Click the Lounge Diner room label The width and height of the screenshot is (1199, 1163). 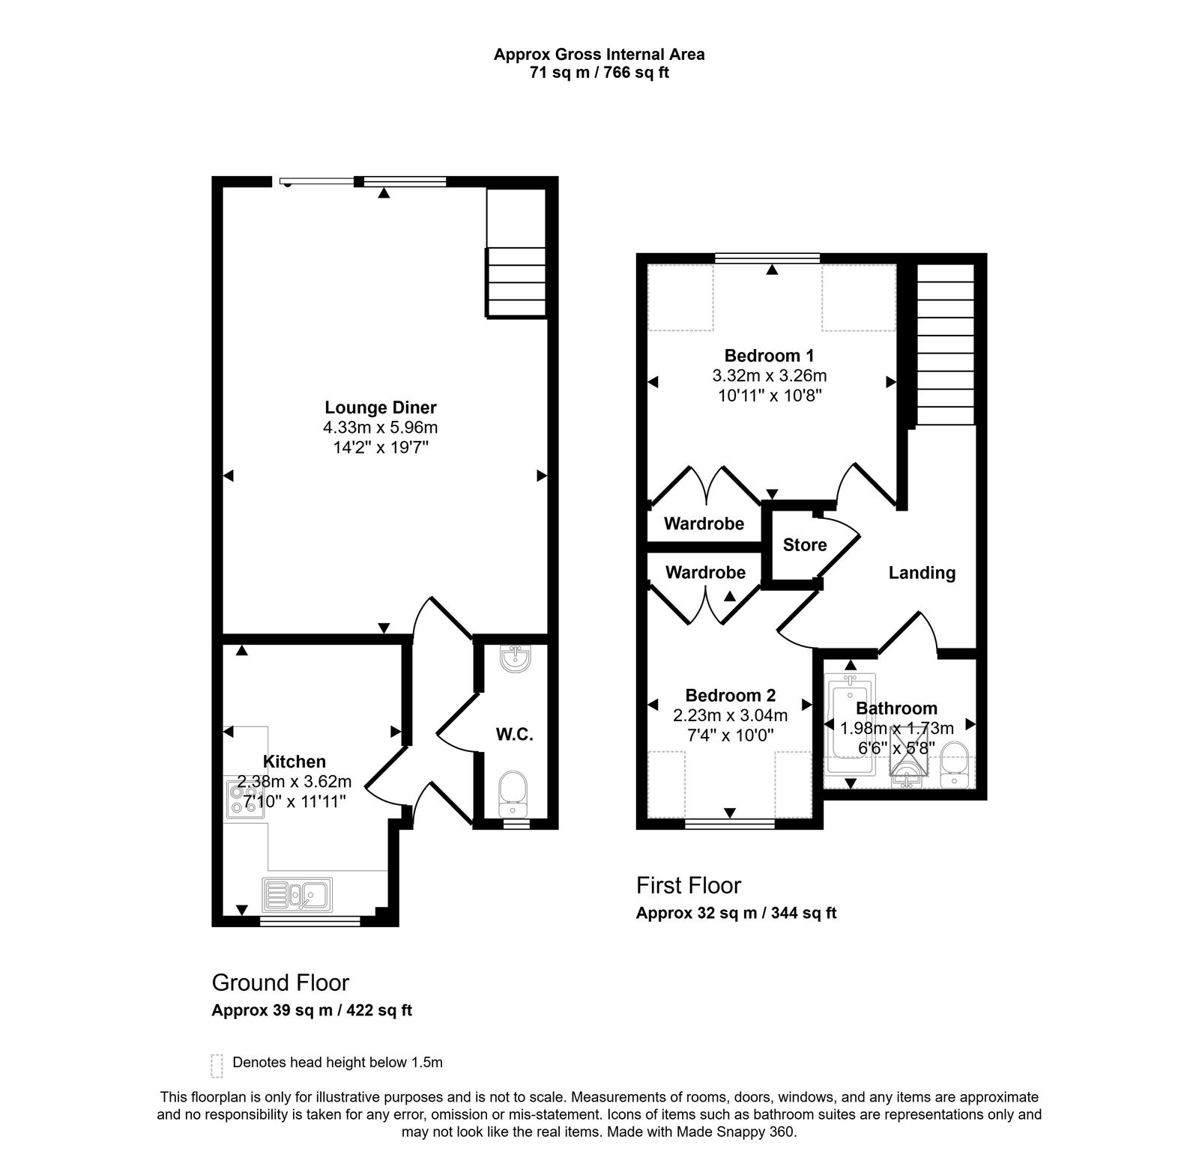click(381, 407)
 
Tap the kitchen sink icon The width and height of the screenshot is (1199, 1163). click(298, 893)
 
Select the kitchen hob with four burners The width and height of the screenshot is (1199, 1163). click(243, 797)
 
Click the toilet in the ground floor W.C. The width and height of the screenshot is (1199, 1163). click(514, 795)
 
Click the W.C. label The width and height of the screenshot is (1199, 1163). click(515, 735)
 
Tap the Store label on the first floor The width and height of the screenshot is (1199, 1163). click(805, 544)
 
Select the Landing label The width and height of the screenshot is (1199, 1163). click(922, 573)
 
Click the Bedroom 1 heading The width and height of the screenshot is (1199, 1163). click(769, 356)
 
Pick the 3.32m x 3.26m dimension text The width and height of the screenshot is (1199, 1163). click(769, 375)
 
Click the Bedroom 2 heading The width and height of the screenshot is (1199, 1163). click(730, 695)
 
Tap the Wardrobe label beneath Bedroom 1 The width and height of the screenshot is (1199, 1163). click(704, 523)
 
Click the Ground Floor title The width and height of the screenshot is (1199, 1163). click(280, 982)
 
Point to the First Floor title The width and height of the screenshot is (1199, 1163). click(689, 885)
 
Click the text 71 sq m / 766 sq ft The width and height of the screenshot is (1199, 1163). click(599, 73)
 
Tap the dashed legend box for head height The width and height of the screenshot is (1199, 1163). click(217, 1066)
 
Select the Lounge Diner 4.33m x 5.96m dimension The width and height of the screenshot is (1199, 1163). click(381, 428)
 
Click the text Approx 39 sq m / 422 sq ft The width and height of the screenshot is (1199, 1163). click(312, 1010)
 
